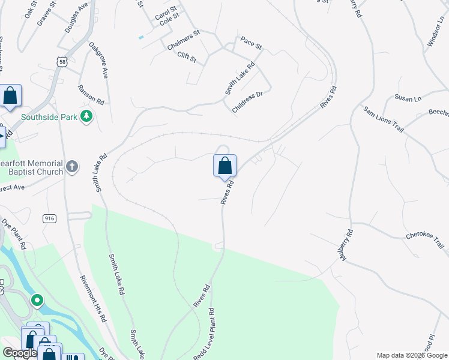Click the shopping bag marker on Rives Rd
pos(224,166)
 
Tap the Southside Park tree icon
pos(87,116)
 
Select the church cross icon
pos(72,166)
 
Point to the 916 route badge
pos(50,219)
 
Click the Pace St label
pos(252,44)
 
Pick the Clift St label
pos(187,57)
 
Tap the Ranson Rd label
pos(91,95)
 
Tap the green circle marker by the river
pos(37,299)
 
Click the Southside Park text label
pos(49,117)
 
